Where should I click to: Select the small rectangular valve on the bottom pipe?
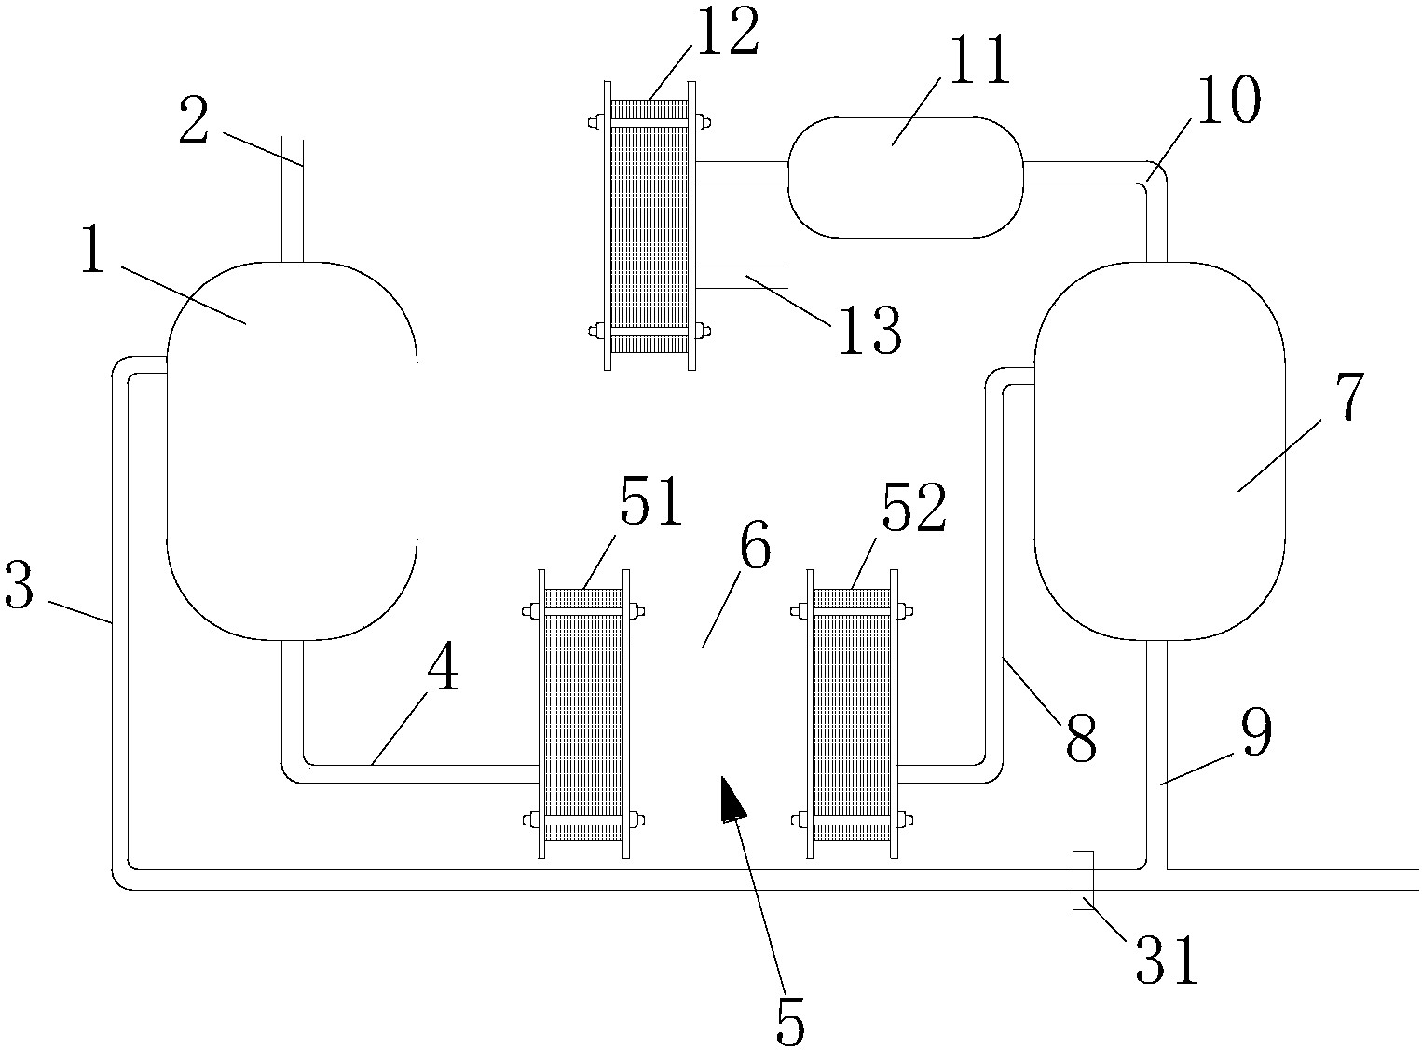click(1083, 880)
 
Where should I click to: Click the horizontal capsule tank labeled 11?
click(905, 177)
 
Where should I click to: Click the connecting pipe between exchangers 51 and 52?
click(718, 641)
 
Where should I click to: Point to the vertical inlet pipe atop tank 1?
click(293, 200)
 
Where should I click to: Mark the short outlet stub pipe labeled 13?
click(742, 276)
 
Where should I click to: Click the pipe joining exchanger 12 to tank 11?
click(742, 172)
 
